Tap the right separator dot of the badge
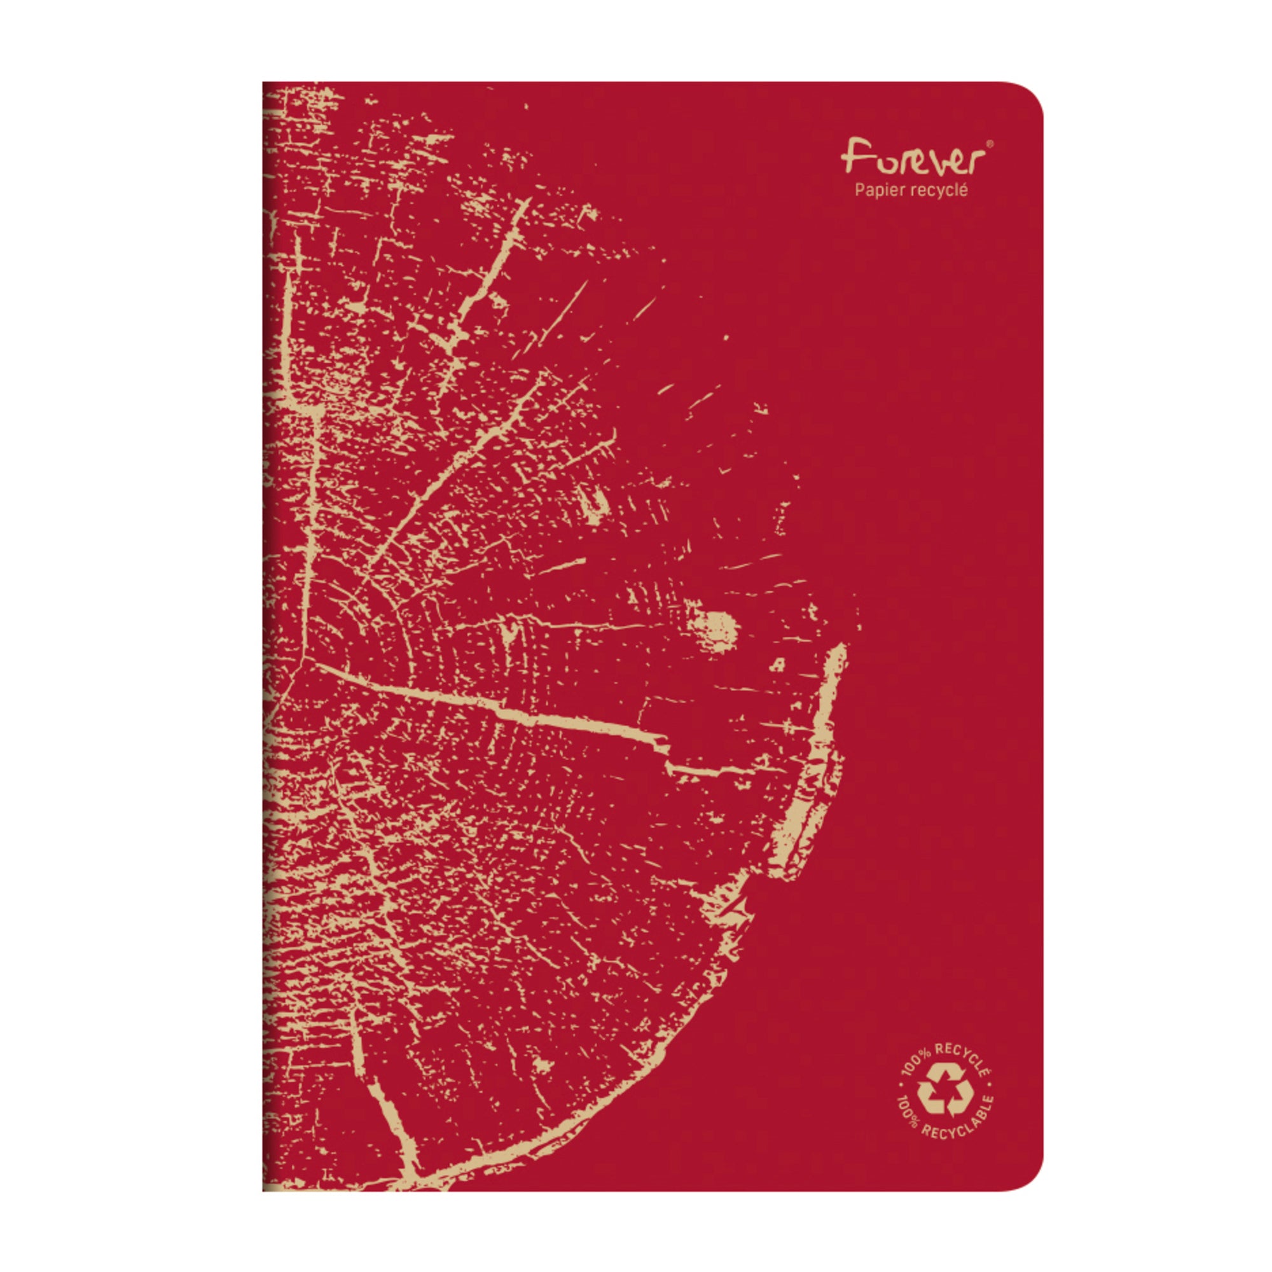(x=992, y=1091)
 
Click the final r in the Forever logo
(x=974, y=161)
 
